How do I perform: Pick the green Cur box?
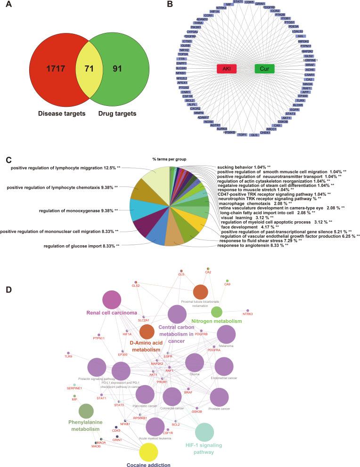click(265, 69)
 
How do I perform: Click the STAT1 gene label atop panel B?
click(238, 2)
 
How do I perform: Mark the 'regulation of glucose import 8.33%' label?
click(81, 245)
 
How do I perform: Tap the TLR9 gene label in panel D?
click(68, 356)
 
